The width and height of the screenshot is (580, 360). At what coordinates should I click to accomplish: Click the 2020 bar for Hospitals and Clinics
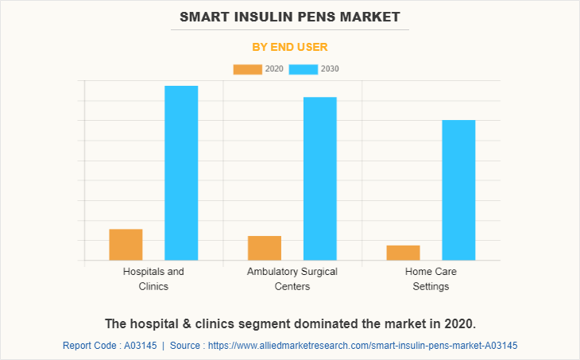126,245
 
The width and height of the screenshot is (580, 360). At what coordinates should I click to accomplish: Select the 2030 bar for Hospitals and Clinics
181,172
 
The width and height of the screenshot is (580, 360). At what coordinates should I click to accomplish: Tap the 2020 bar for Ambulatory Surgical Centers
265,248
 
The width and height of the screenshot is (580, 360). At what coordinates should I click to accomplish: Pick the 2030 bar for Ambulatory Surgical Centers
320,178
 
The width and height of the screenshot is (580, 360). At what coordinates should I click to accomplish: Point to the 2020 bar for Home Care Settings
404,253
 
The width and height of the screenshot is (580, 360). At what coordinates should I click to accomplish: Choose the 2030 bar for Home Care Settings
458,190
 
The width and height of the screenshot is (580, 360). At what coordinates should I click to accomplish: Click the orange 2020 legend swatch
247,69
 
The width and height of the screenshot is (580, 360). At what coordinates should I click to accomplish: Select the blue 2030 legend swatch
304,69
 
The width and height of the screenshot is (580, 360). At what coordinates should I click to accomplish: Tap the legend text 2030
330,69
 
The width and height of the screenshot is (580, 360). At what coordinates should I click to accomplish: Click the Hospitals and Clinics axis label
153,279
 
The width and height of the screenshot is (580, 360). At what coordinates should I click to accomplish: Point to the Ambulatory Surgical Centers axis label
292,279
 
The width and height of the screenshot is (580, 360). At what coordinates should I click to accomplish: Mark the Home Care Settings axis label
431,279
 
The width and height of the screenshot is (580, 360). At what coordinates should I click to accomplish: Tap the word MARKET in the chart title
372,16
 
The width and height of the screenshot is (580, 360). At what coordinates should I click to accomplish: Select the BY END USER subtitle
290,47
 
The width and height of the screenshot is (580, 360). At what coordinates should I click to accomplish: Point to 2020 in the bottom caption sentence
456,323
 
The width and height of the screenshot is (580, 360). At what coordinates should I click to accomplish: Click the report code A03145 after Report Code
141,346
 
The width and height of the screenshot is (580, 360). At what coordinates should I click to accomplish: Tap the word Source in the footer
188,346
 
